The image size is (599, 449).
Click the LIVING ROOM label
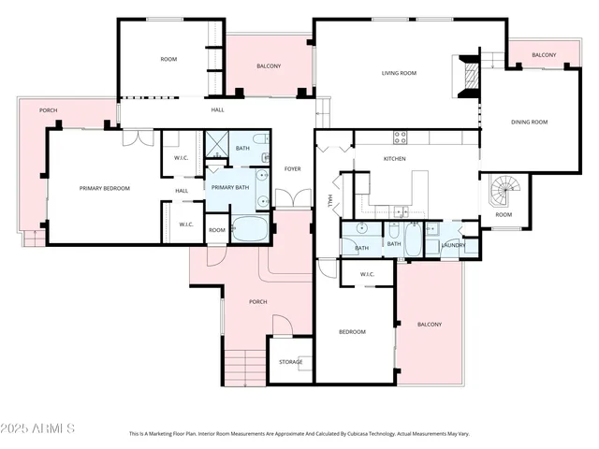coord(399,73)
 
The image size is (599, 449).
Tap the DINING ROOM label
coord(529,122)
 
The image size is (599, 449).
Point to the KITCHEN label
coord(394,159)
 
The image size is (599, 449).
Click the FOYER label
coord(292,168)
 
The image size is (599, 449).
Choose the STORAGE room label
coord(291,362)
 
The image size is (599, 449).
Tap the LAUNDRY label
coord(454,245)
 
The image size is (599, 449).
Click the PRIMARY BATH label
coord(229,188)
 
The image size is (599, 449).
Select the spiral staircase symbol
coord(505,195)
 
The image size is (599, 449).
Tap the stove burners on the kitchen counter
coord(401,137)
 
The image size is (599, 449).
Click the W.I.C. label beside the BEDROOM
coord(367,274)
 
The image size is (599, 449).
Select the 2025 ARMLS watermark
coord(38,427)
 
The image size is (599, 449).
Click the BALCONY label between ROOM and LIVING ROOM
coord(270,66)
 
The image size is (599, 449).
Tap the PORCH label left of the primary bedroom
coord(48,110)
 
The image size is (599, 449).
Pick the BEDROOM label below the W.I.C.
coord(352,331)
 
